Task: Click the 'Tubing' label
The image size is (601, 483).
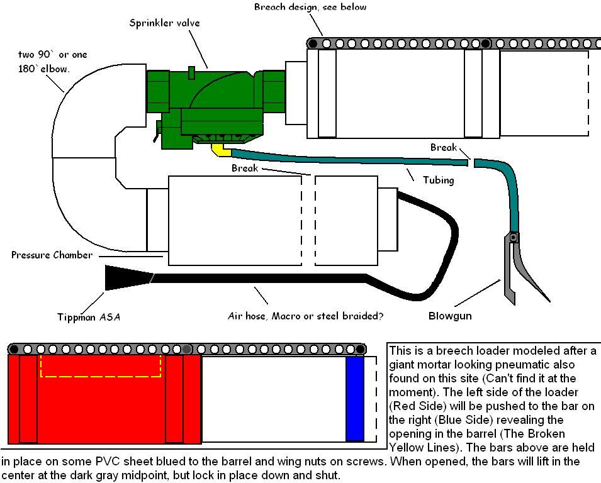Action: tap(438, 180)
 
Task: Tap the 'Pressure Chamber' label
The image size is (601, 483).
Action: tap(52, 255)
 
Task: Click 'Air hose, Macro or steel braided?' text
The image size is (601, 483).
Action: tap(305, 316)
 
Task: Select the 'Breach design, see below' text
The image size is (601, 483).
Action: tap(310, 7)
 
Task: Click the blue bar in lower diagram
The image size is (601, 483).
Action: tap(355, 399)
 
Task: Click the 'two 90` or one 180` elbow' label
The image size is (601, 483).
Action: tap(52, 62)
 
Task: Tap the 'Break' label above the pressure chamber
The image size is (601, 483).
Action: tap(245, 168)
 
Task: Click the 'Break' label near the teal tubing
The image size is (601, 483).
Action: tap(444, 147)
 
